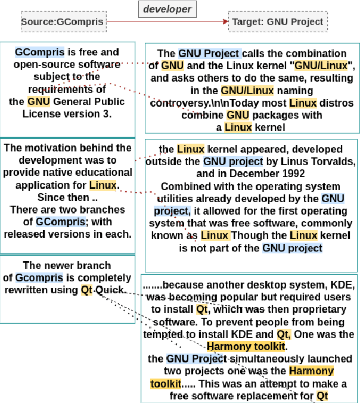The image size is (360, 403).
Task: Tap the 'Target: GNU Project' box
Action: (x=278, y=23)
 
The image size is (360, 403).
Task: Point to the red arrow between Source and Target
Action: (x=167, y=23)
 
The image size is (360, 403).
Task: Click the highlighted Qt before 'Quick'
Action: (x=87, y=290)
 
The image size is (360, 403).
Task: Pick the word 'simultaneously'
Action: (x=236, y=358)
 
